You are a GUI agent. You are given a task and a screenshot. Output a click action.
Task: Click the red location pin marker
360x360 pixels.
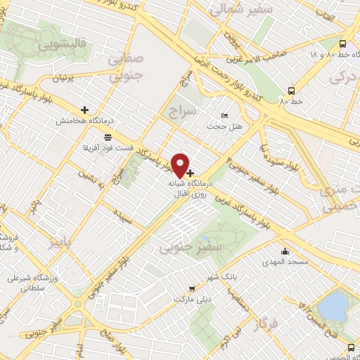click(181, 165)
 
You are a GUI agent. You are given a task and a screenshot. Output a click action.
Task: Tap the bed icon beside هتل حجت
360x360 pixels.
click(224, 115)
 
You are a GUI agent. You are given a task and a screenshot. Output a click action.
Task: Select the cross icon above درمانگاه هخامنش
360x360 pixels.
click(85, 110)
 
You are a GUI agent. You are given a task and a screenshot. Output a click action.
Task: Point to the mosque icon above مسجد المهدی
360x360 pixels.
click(284, 252)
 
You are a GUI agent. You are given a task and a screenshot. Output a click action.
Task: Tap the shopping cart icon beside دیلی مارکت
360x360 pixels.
click(191, 288)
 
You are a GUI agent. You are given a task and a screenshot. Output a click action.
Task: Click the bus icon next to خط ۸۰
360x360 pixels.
click(290, 91)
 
